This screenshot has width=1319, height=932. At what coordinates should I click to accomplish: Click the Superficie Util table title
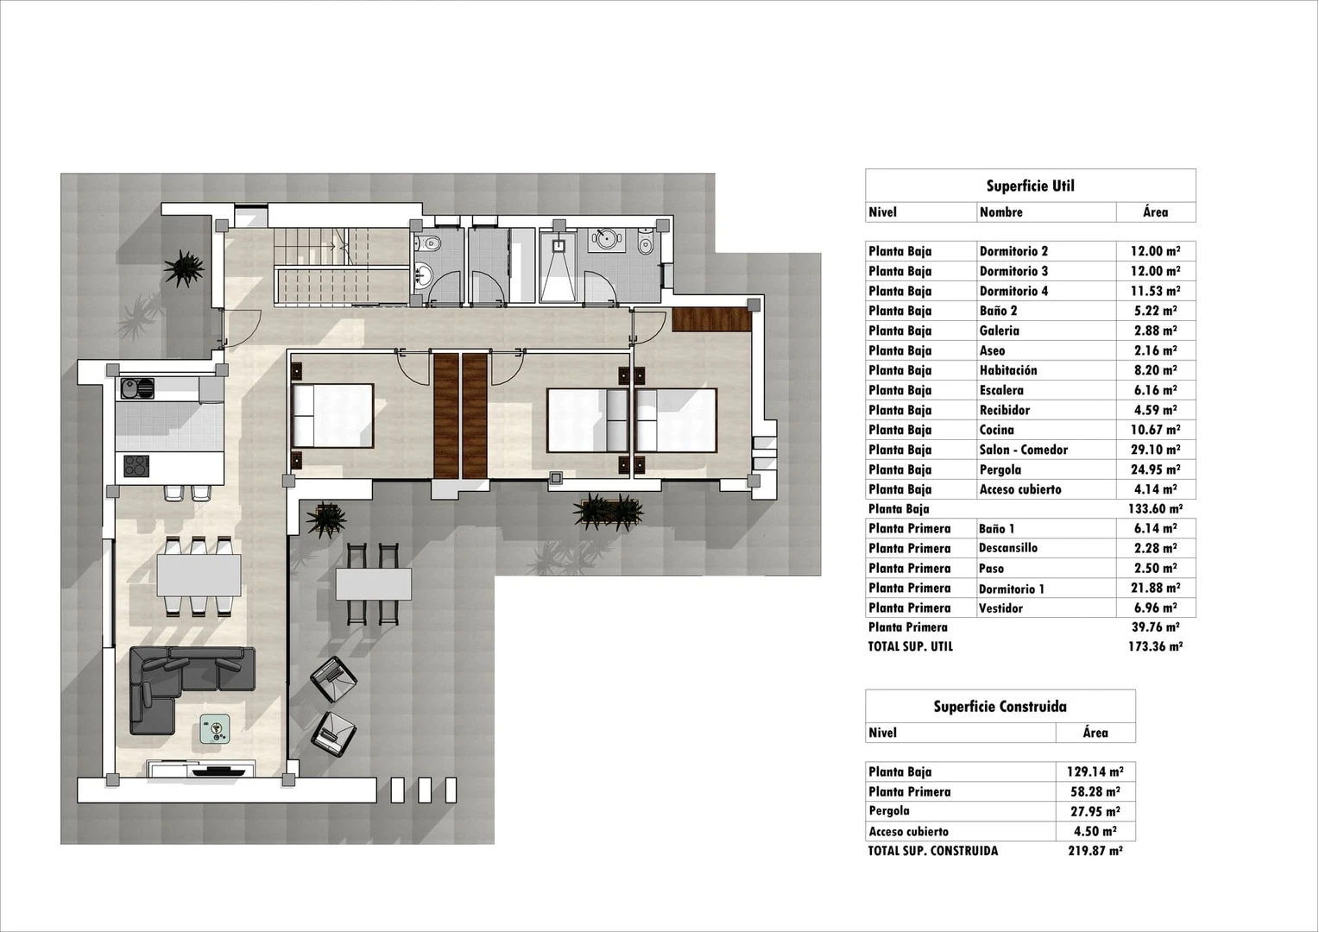[1030, 186]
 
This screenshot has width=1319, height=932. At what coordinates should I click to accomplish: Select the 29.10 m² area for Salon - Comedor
[1155, 450]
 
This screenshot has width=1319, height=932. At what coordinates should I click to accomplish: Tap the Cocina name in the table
[996, 430]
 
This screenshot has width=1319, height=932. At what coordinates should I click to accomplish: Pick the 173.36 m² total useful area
[1155, 646]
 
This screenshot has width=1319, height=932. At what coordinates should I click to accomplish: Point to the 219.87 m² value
[1095, 851]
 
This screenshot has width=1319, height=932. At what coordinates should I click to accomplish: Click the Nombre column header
[1000, 212]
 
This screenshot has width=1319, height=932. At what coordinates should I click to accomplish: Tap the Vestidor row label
[1000, 608]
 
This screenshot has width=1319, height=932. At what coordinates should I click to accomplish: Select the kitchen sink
[136, 389]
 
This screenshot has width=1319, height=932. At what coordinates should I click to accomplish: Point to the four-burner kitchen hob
[136, 466]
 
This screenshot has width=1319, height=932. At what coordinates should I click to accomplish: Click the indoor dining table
[199, 575]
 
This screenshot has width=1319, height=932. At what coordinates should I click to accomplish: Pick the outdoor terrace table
[373, 584]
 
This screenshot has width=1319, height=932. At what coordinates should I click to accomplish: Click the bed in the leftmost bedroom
[332, 416]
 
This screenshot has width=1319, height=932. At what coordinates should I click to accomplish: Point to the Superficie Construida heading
[1000, 707]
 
